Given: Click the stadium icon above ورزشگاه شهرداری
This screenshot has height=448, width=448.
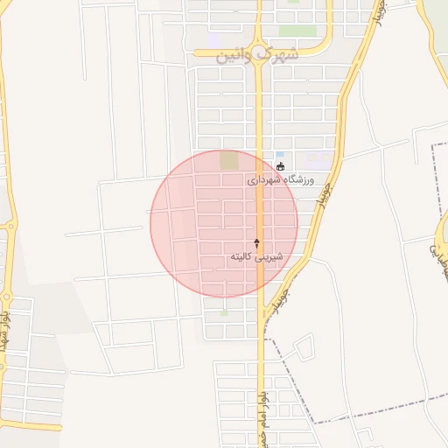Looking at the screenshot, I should pyautogui.click(x=280, y=166).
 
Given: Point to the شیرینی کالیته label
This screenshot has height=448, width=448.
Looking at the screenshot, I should pyautogui.click(x=256, y=256).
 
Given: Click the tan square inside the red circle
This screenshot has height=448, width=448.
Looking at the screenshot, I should pyautogui.click(x=229, y=161).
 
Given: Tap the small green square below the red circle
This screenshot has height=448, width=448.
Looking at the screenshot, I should pyautogui.click(x=225, y=312).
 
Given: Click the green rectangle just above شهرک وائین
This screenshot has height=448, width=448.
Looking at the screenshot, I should pyautogui.click(x=297, y=31).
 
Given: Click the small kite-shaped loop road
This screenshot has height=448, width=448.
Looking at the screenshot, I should pyautogui.click(x=304, y=348).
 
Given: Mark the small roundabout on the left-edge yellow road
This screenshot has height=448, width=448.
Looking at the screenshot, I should pyautogui.click(x=9, y=226).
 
